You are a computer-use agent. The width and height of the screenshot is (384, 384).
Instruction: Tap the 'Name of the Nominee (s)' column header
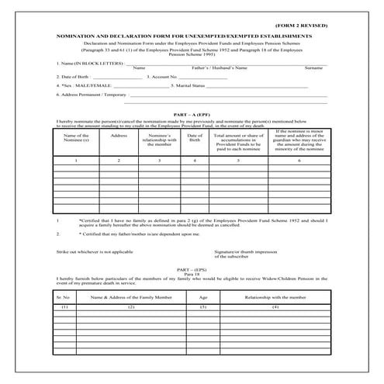[75, 138]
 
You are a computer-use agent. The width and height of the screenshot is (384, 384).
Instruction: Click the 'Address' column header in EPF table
[119, 136]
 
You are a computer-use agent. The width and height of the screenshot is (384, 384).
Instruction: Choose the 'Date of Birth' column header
[195, 138]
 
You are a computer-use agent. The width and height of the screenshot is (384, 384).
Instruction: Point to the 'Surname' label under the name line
[313, 68]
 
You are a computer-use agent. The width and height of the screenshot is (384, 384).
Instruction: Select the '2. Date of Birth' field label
[78, 77]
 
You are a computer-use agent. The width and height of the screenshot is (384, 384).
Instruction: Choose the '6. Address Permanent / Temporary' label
[91, 94]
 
